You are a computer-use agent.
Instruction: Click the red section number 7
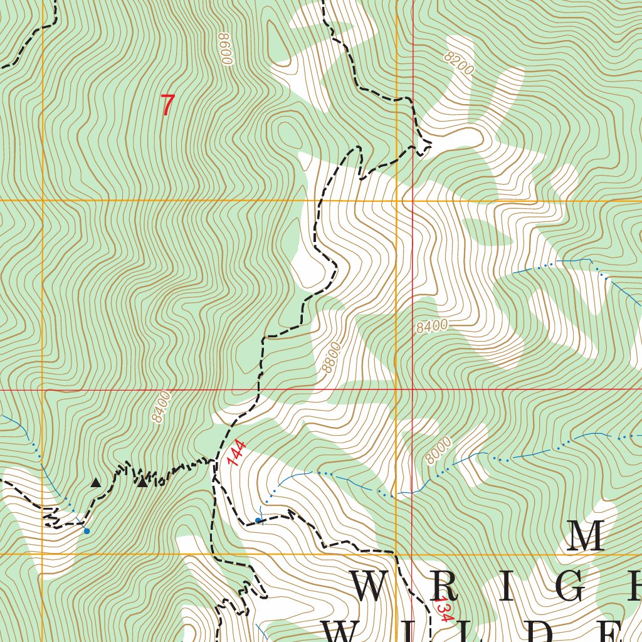point(167,105)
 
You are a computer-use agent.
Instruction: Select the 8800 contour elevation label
point(331,357)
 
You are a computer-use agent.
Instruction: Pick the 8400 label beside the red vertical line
point(431,325)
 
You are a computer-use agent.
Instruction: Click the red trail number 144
point(237,453)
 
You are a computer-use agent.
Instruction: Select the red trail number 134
point(443,609)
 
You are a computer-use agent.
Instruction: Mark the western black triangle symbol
point(95,482)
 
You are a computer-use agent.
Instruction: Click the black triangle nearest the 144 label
point(142,481)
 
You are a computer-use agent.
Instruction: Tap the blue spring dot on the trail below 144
point(258,520)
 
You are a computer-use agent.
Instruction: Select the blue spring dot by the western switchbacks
point(87,531)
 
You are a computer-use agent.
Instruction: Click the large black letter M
point(586,537)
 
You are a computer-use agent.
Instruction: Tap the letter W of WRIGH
point(375,587)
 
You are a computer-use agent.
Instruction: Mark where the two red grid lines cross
point(413,389)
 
